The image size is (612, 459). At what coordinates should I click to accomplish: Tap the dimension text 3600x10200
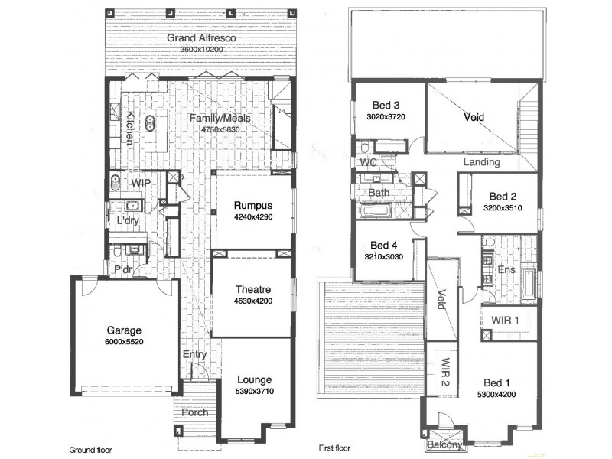[x=201, y=50]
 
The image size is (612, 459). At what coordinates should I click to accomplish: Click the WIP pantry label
[x=140, y=184]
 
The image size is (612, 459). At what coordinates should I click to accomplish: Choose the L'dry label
[x=126, y=221]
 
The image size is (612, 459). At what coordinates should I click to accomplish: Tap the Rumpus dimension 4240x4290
[x=253, y=217]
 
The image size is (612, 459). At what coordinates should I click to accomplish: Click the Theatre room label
[x=252, y=289]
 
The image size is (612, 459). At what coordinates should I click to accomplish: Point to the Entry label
[x=195, y=354]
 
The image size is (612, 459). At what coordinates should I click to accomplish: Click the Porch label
[x=196, y=412]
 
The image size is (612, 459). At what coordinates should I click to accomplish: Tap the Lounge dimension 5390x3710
[x=254, y=392]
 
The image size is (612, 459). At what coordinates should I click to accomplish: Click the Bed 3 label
[x=386, y=105]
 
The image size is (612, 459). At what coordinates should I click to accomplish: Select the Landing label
[x=482, y=162]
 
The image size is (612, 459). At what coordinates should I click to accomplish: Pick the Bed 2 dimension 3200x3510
[x=502, y=207]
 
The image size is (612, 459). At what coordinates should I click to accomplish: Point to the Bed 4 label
[x=384, y=245]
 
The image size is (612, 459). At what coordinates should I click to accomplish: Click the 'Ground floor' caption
[x=91, y=449]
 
